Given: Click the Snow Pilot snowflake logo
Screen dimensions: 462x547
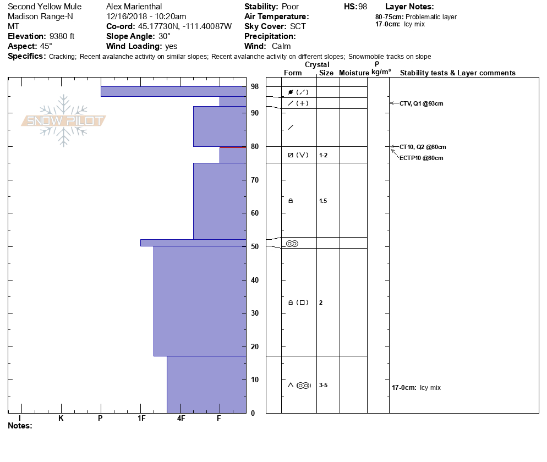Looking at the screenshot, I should pos(64,121).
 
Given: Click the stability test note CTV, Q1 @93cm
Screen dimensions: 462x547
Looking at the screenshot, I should pos(421,103).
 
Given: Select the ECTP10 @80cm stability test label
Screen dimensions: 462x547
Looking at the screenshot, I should pos(421,158).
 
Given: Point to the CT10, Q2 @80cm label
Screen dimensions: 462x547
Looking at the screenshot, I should pos(423,147).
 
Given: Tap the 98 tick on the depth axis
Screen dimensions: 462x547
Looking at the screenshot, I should pos(255,87).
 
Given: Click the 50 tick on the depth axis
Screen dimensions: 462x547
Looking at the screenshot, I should pos(255,247).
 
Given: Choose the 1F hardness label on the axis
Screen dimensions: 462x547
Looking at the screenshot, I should pos(141,419).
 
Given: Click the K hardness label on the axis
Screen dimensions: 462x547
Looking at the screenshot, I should pos(61,419).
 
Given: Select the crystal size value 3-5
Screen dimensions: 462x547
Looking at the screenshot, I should pos(323,386).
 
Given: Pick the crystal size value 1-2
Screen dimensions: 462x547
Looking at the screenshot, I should pos(323,156).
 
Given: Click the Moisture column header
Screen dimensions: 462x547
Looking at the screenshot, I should pos(354,73).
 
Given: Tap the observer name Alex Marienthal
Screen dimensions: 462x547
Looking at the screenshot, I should pos(134,7).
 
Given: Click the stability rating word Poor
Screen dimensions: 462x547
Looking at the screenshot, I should pos(291,7).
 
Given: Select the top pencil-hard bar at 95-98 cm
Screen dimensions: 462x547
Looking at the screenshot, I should pos(173,91).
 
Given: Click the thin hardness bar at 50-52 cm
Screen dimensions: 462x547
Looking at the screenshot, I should pos(193,243).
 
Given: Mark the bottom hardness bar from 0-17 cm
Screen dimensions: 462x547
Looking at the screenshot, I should pos(206,384).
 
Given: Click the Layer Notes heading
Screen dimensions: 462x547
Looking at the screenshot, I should pos(409,7).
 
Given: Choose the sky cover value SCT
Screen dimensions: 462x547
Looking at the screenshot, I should pos(298,26).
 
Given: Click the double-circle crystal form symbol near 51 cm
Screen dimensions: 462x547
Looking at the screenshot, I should pos(292,244).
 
